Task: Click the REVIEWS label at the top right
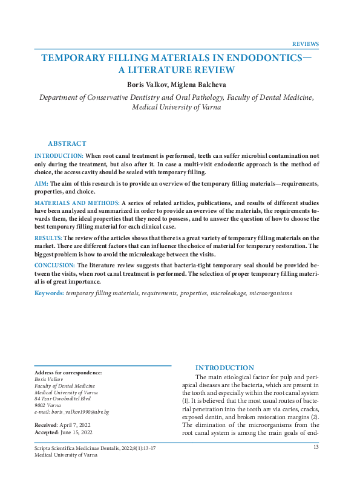point(305,44)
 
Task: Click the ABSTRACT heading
point(67,143)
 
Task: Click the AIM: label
point(41,182)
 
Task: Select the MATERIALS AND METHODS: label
point(77,201)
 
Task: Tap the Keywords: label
point(49,293)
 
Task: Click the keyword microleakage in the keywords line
point(228,293)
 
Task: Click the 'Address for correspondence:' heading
point(68,373)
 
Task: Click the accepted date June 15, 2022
point(77,433)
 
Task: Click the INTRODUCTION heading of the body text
point(224,368)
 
